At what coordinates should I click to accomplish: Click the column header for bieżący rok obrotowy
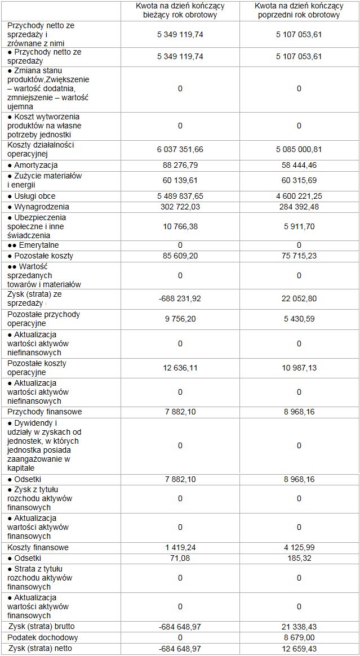pos(180,11)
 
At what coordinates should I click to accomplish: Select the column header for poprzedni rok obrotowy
pos(299,11)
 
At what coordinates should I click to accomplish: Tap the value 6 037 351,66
pos(180,149)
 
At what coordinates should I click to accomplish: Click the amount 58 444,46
pos(299,165)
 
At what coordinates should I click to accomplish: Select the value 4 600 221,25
pos(299,196)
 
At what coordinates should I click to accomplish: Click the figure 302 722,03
pos(180,207)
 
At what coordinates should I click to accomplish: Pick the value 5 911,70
pos(299,226)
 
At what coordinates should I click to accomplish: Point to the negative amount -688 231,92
pos(180,298)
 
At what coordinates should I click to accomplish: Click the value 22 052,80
pos(299,298)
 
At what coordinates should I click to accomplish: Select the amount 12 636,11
pos(180,368)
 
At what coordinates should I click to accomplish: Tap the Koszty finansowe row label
pos(38,547)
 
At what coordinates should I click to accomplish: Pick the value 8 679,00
pos(299,637)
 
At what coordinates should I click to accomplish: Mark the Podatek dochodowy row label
pos(43,637)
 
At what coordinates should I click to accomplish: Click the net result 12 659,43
pos(299,648)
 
